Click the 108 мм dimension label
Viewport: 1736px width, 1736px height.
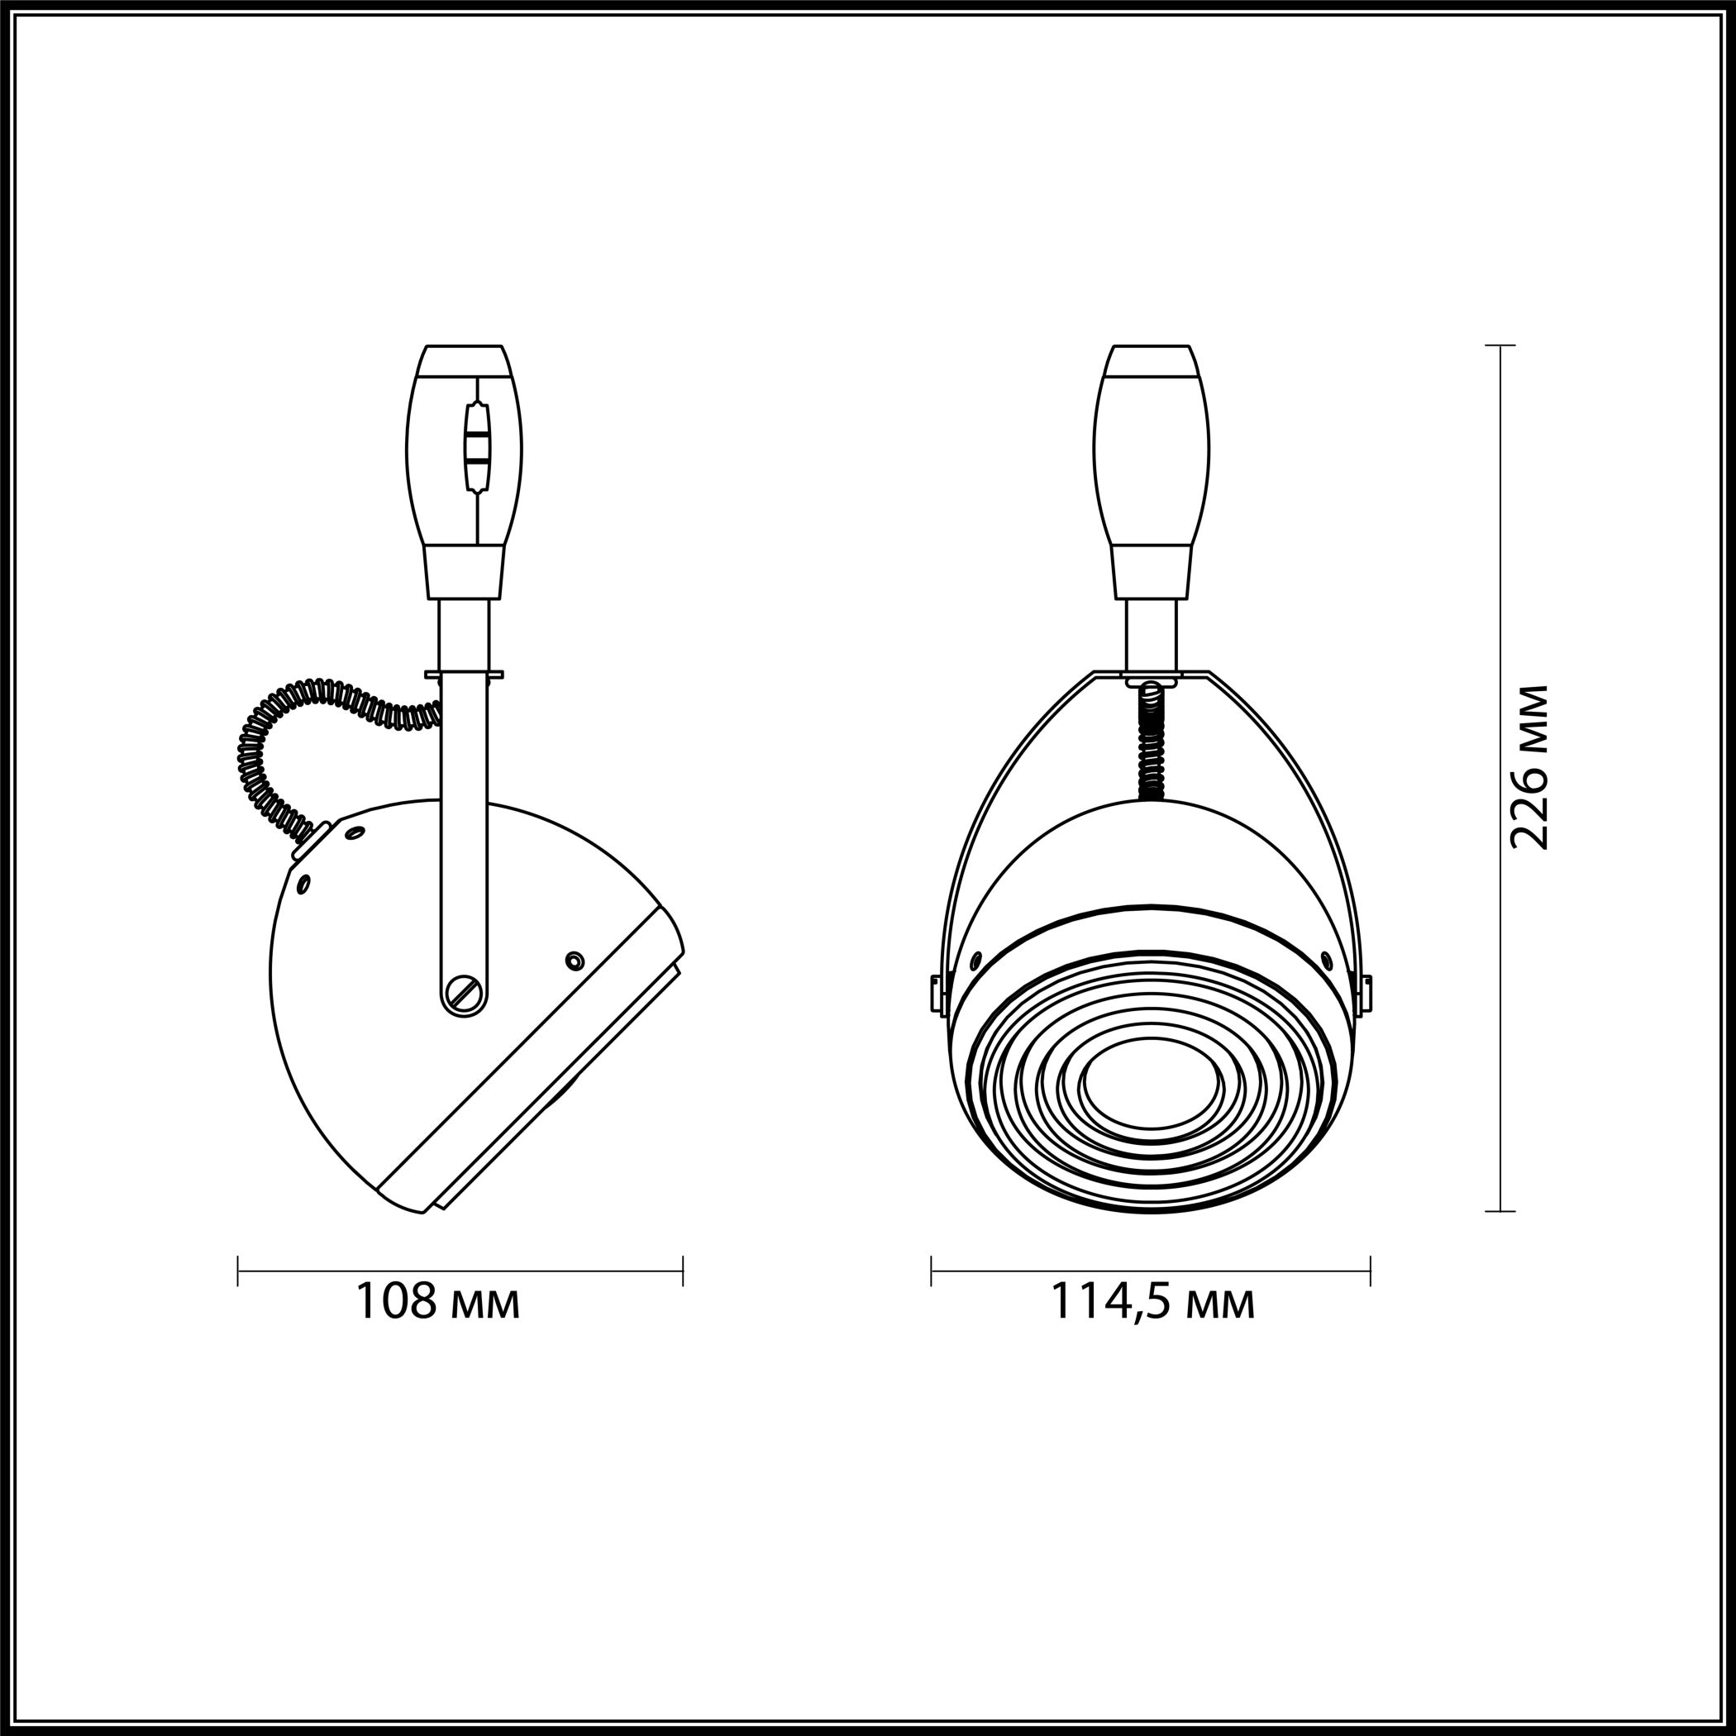(438, 1300)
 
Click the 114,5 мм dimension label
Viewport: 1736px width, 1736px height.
(1153, 1302)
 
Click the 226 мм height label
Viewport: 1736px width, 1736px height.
(1529, 768)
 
